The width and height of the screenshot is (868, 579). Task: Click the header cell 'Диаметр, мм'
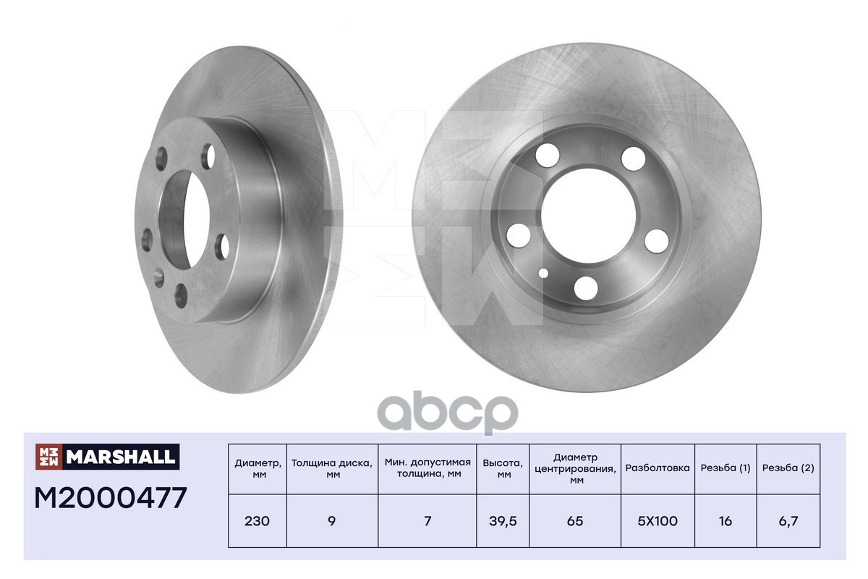click(258, 468)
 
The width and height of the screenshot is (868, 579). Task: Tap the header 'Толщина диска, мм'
click(332, 468)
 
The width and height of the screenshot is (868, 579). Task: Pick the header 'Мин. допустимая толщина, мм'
click(427, 468)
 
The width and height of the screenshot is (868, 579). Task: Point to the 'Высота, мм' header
click(503, 468)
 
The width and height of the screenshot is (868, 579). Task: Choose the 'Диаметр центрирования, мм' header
click(576, 468)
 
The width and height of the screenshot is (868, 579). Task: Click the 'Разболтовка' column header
click(658, 468)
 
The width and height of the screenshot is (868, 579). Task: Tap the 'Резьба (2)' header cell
click(788, 468)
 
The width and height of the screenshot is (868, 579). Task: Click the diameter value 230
click(258, 521)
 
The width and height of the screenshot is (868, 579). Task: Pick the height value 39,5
click(503, 521)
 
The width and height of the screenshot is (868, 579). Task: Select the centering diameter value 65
click(576, 521)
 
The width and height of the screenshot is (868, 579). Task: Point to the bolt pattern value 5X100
click(658, 521)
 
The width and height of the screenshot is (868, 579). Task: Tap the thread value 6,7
click(788, 521)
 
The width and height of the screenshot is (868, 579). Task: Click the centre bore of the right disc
click(590, 210)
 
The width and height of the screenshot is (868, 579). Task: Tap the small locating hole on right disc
click(543, 274)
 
